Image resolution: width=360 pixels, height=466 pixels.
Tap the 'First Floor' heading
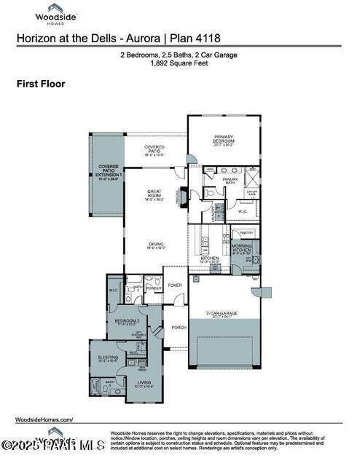pos(41,84)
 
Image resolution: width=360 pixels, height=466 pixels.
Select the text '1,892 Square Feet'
pos(179,63)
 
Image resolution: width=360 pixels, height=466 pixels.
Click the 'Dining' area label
pos(156,245)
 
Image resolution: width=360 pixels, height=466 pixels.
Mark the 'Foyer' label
pos(175,285)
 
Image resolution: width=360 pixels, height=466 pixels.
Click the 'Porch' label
pos(179,327)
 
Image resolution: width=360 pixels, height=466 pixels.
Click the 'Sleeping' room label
pos(108,358)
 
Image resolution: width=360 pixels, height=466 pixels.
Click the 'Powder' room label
pos(154,288)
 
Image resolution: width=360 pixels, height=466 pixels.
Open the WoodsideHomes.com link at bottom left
pos(44,420)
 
